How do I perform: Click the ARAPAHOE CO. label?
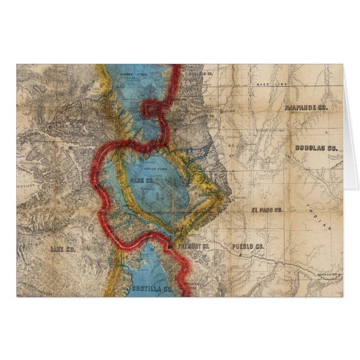305,106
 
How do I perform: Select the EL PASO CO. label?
267,210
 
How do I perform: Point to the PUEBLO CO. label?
247,247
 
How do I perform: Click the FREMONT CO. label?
193,246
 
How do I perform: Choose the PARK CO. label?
141,181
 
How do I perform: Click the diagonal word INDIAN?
319,217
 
